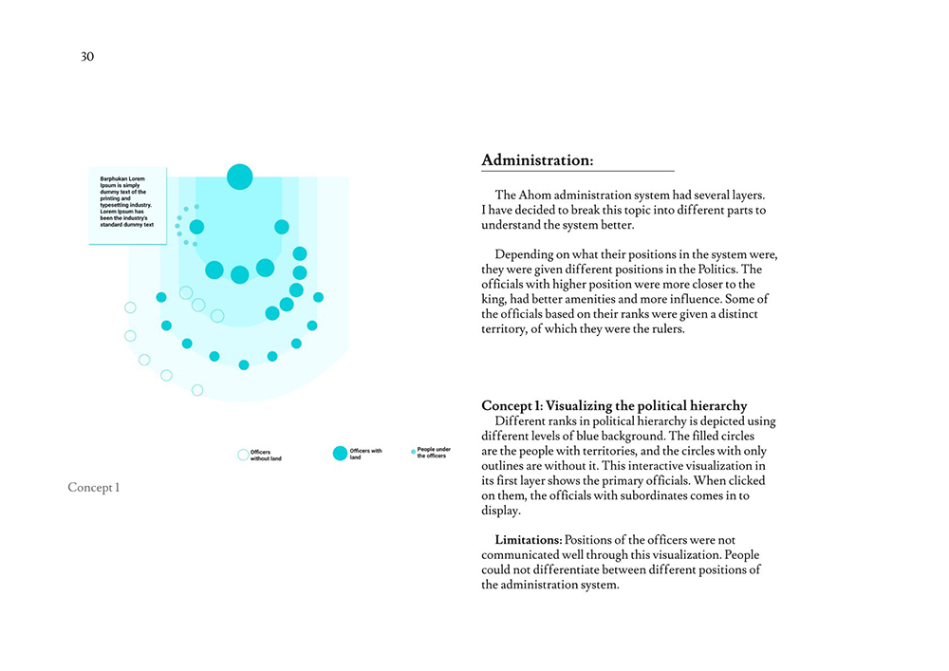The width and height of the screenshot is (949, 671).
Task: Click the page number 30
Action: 87,57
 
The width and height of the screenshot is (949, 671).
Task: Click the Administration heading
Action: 537,160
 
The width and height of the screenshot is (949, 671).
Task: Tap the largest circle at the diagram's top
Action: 240,177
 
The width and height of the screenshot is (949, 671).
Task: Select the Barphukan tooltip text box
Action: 127,205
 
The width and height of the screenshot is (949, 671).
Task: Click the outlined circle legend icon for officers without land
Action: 243,455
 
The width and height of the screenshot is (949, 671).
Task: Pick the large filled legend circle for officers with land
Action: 340,454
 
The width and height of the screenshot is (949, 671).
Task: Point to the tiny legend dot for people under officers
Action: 413,452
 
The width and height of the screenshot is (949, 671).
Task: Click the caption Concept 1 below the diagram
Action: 94,488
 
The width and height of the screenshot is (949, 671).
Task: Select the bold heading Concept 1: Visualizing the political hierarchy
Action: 614,406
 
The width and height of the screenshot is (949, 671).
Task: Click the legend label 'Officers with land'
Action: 366,454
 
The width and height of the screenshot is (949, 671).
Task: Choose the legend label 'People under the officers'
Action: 434,453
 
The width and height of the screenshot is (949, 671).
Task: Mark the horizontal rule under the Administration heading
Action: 578,171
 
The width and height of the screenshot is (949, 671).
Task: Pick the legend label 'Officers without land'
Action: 266,456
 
